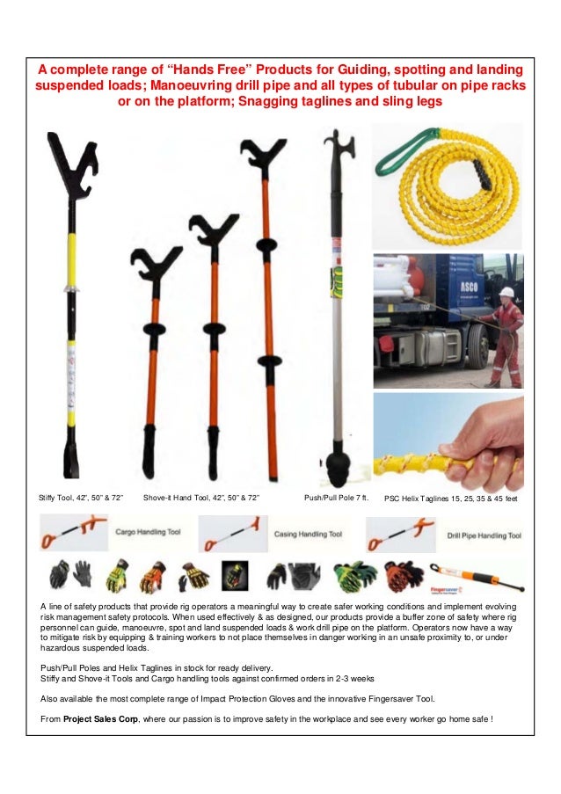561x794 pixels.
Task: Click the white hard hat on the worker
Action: [506, 291]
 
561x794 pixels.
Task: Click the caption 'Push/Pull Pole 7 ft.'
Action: [334, 499]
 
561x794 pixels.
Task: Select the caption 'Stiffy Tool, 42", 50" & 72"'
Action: [81, 499]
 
